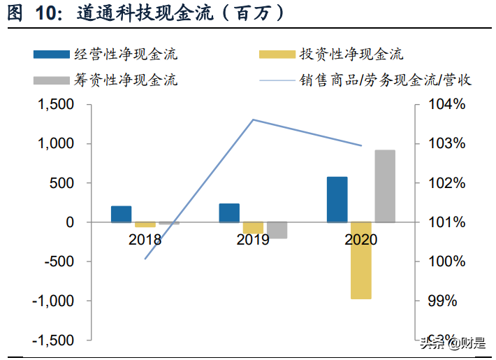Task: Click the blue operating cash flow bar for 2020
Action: coord(337,200)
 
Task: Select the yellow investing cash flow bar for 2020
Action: coord(361,260)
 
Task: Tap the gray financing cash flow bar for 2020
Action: coord(385,187)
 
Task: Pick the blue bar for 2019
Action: coord(229,213)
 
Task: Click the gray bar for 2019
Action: coord(277,230)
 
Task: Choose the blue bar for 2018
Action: coord(121,215)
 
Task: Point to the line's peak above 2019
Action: coord(253,120)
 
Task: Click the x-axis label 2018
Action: coord(145,240)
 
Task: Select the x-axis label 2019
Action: coord(253,240)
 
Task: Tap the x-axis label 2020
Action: coord(360,240)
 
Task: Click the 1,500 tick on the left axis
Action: coord(55,105)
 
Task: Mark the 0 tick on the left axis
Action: coord(69,222)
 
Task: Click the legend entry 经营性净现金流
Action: coord(126,55)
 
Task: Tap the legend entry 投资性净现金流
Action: coord(351,55)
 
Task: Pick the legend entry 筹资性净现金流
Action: coord(126,80)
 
